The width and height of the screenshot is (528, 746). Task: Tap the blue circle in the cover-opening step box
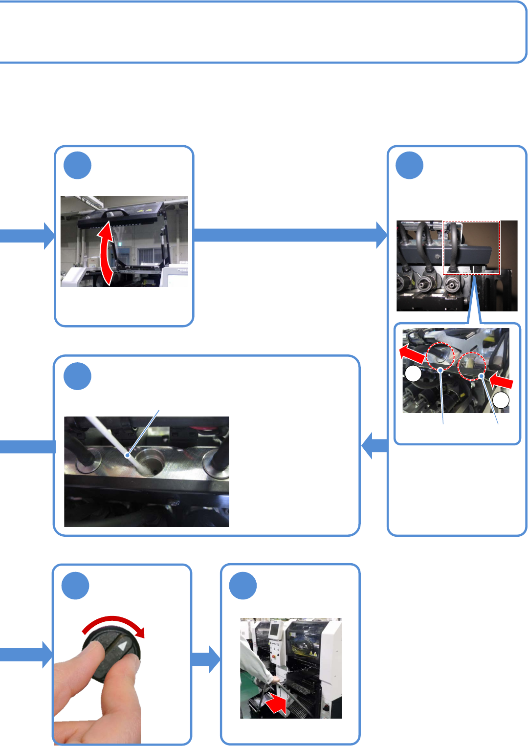click(x=77, y=165)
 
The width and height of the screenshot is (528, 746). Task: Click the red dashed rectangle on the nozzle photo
click(x=471, y=248)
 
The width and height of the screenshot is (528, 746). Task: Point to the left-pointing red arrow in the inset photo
click(x=412, y=353)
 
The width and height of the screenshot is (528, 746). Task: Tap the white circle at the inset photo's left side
click(x=413, y=374)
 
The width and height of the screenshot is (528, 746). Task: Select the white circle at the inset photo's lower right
click(x=501, y=401)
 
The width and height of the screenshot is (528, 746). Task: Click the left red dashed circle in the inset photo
click(x=440, y=357)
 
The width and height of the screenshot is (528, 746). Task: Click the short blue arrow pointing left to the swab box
click(x=374, y=446)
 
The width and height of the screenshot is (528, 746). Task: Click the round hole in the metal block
click(x=150, y=461)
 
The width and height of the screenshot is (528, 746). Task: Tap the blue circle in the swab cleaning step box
click(x=77, y=376)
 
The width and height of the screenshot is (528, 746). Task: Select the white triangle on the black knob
click(x=121, y=646)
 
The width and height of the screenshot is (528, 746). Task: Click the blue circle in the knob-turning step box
click(x=76, y=586)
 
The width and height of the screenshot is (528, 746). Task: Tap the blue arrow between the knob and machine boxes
click(x=206, y=659)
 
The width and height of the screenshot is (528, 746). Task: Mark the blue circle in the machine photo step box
click(x=243, y=586)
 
